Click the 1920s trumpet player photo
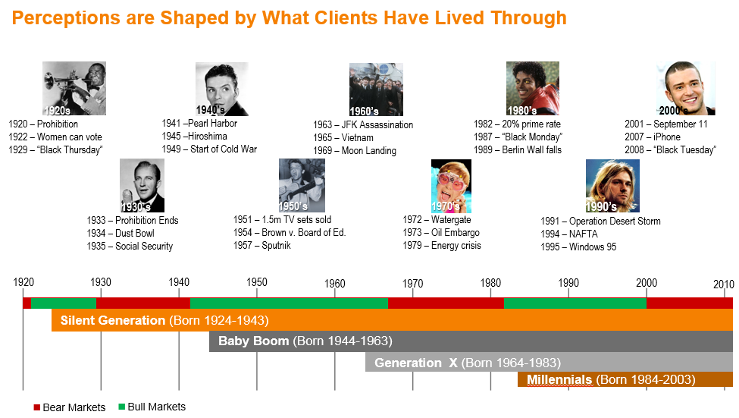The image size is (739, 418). (x=74, y=88)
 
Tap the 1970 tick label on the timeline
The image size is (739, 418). (x=412, y=284)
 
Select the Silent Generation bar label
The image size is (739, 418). (x=164, y=320)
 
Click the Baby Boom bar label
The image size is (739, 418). (x=305, y=341)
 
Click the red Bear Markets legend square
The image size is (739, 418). (x=37, y=407)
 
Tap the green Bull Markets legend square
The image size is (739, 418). (x=121, y=407)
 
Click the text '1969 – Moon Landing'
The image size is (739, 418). (x=355, y=150)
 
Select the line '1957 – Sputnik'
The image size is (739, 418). (x=261, y=245)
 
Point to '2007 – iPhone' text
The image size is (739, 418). (x=653, y=137)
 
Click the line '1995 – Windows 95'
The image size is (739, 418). (x=578, y=247)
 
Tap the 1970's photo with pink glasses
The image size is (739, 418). (x=451, y=186)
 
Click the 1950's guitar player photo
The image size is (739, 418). (x=302, y=185)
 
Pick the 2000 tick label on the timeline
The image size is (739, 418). (x=647, y=283)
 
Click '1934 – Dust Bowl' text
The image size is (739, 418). (x=121, y=233)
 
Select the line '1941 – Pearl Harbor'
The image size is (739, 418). (x=199, y=123)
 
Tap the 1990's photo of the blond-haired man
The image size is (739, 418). (x=612, y=186)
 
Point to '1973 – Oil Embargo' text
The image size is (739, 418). (x=440, y=233)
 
